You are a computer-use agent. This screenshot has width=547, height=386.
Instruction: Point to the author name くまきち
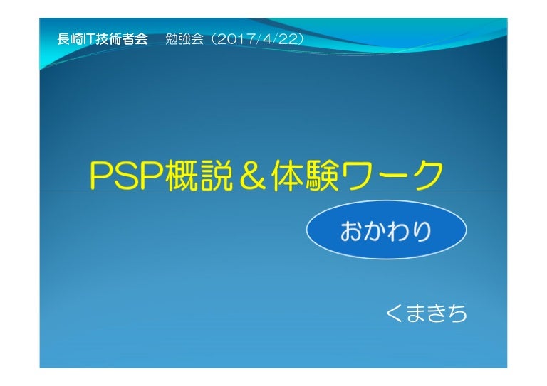coord(425,312)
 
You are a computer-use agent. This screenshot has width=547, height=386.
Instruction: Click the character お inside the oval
coord(353,232)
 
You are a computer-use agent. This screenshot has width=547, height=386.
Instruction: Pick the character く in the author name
coord(393,312)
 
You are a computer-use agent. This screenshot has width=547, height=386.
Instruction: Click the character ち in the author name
coord(457,312)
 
